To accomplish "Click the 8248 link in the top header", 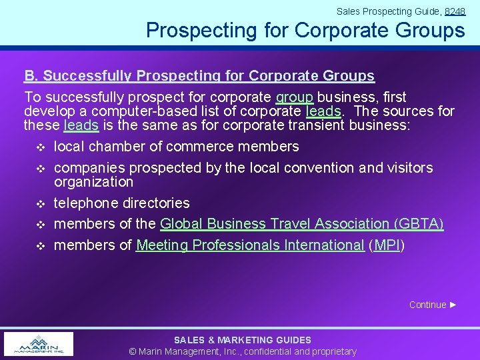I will coord(455,11).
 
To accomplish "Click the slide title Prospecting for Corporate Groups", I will coord(305,31).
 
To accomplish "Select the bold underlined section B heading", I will coord(199,76).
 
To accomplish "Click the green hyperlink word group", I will coord(294,97).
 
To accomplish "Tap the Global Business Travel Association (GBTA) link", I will coord(301,224).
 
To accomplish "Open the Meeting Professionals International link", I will coord(250,245).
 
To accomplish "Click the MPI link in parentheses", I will coord(387,245).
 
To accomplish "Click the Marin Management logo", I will coord(39,343).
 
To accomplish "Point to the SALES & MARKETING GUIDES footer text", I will coord(243,340).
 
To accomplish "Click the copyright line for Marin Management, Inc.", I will coord(243,351).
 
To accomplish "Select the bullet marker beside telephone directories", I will coord(39,203).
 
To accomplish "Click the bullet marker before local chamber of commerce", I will coord(39,147).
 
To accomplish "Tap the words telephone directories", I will coord(121,203).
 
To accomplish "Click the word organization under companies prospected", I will coord(93,182).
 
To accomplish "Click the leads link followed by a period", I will coord(323,111).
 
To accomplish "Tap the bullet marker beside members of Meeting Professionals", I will coord(39,246).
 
